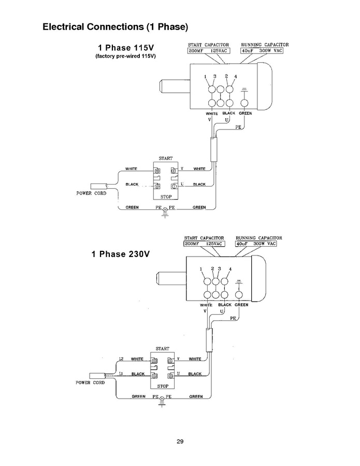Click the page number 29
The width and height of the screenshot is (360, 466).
(x=180, y=442)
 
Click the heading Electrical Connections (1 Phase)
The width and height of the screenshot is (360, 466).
(x=115, y=27)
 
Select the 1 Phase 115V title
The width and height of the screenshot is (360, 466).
(x=126, y=48)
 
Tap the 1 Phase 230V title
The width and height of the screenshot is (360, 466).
(x=121, y=254)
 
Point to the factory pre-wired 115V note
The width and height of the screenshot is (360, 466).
(x=126, y=56)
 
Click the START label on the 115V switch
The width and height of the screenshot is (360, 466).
(x=165, y=159)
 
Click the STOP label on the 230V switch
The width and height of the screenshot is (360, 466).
(x=163, y=386)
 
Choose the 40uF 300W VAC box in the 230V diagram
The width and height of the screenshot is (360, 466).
(x=256, y=244)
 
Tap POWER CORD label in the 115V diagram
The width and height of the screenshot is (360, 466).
(x=91, y=193)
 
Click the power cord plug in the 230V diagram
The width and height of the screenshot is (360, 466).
(x=97, y=376)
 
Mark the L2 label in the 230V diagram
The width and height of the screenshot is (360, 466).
(x=121, y=359)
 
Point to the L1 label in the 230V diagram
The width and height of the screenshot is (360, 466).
(x=121, y=374)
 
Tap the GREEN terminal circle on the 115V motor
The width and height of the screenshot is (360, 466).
(x=244, y=103)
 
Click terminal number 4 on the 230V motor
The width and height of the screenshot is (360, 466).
(x=230, y=269)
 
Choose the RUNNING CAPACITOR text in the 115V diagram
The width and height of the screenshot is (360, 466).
(x=265, y=45)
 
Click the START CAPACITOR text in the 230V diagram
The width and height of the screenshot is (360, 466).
(x=204, y=238)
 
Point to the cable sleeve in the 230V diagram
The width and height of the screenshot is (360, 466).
(x=209, y=340)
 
